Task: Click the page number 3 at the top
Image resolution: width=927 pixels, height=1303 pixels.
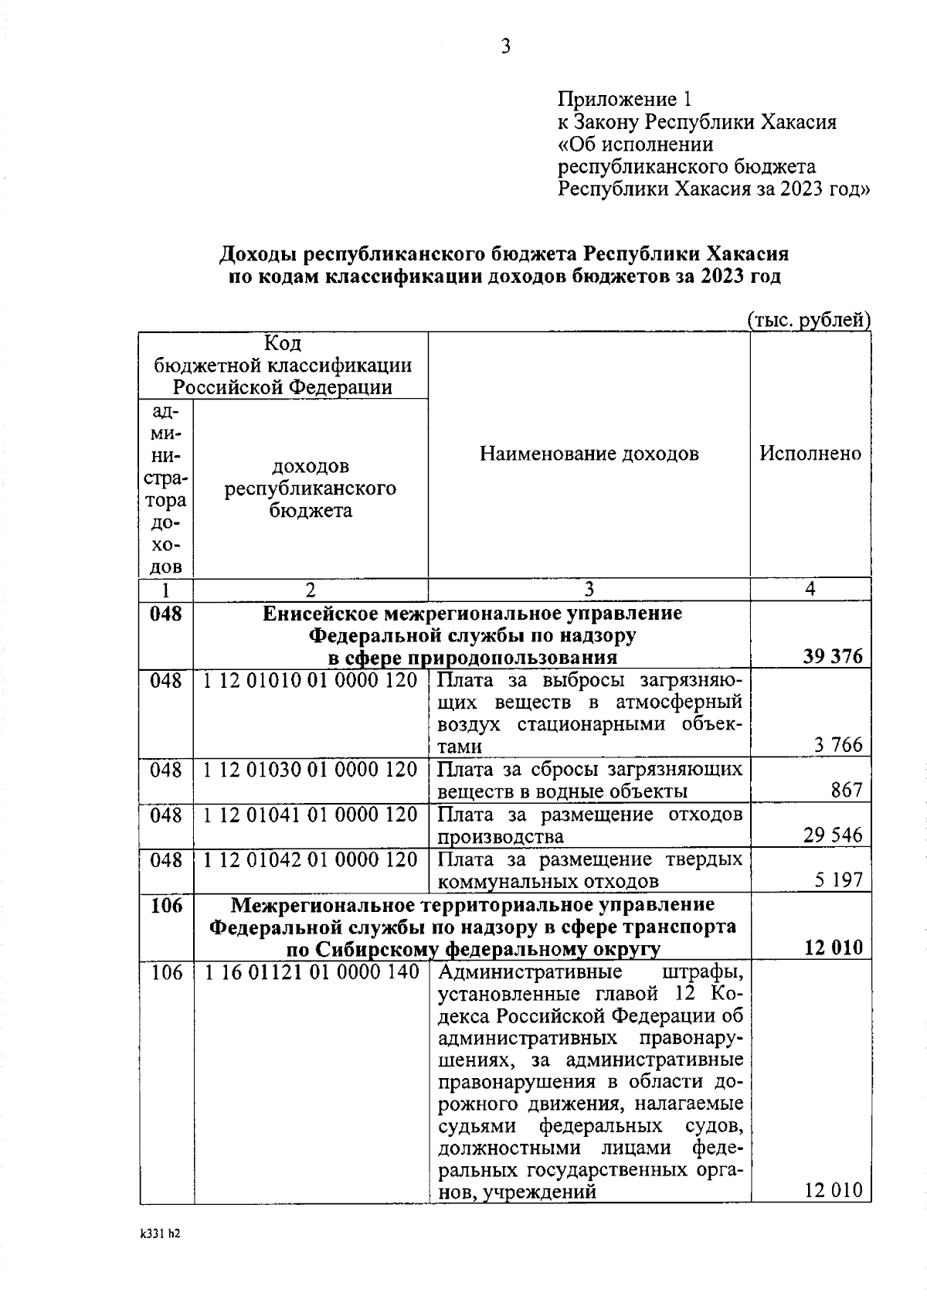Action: click(x=505, y=48)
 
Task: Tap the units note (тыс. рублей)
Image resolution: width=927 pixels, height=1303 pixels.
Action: click(x=809, y=320)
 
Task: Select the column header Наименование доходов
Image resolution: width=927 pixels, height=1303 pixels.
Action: click(x=589, y=454)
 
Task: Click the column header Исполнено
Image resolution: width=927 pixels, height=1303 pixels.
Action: click(x=810, y=454)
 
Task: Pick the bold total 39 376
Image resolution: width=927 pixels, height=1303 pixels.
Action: click(x=833, y=657)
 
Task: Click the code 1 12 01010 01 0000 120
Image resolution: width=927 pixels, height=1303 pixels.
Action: click(x=311, y=681)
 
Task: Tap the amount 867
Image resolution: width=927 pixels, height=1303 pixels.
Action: click(x=847, y=791)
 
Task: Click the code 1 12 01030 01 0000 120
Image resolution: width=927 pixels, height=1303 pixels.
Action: click(x=311, y=771)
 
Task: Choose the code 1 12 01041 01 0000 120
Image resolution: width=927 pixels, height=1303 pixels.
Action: click(x=311, y=815)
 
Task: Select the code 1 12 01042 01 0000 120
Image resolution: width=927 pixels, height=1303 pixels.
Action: click(x=311, y=860)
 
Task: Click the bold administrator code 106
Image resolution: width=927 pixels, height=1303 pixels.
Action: click(x=166, y=905)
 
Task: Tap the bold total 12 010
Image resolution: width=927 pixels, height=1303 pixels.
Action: click(x=833, y=948)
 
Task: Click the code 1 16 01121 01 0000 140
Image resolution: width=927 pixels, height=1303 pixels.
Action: click(x=311, y=972)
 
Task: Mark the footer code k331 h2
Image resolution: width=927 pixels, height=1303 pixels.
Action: click(x=160, y=1234)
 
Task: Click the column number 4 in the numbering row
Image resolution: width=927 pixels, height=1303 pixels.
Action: click(x=810, y=590)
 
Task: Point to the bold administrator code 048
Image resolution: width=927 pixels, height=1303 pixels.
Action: click(x=166, y=614)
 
